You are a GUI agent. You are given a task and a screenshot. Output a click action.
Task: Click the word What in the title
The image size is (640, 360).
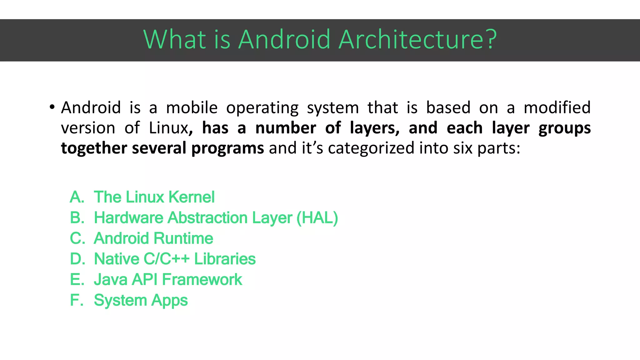coord(174,40)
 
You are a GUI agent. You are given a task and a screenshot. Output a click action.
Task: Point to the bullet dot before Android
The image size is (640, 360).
coord(52,107)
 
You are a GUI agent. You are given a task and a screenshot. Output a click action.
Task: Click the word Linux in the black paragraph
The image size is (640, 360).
coord(168,128)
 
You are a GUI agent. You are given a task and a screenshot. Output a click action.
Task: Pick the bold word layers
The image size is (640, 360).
coord(374,128)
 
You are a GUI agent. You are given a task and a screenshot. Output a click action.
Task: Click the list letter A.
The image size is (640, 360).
coord(77,197)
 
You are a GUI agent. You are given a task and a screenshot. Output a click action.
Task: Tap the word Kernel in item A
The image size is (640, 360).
coord(192,197)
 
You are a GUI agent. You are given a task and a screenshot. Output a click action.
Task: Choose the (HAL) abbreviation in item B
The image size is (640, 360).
coord(317,218)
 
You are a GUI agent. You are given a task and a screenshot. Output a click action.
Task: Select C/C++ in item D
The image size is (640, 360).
coord(167,259)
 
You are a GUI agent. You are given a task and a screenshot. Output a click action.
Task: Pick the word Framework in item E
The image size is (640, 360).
coord(202,280)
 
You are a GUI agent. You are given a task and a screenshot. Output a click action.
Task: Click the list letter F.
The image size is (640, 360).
coord(76,300)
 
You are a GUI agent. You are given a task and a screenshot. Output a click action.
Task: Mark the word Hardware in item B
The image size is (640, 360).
coord(128,218)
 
